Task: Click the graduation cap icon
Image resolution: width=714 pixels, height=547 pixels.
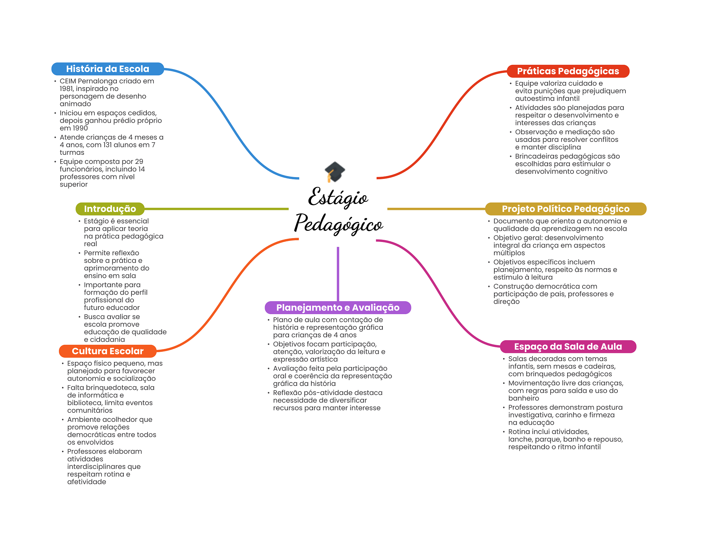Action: pyautogui.click(x=335, y=172)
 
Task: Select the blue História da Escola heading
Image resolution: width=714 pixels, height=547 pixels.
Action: pyautogui.click(x=108, y=69)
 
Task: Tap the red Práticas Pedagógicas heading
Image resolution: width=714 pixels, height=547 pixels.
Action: pyautogui.click(x=568, y=71)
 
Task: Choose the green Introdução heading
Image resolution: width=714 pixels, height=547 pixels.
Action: pyautogui.click(x=110, y=209)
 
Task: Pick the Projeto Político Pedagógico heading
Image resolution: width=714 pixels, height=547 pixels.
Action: pyautogui.click(x=565, y=209)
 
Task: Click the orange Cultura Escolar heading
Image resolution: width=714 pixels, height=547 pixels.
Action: pyautogui.click(x=108, y=351)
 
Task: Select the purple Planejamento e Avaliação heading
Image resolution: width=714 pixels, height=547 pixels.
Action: pyautogui.click(x=338, y=307)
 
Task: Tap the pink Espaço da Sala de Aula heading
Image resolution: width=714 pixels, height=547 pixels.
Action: pyautogui.click(x=568, y=347)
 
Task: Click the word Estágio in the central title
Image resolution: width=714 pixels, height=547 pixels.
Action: pyautogui.click(x=338, y=197)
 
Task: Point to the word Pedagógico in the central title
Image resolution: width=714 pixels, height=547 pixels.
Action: pyautogui.click(x=339, y=224)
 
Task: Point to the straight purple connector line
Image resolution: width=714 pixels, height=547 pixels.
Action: pyautogui.click(x=338, y=274)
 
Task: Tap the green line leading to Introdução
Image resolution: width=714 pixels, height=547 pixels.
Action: pyautogui.click(x=217, y=209)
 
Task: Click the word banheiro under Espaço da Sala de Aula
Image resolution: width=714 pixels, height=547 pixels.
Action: pyautogui.click(x=524, y=398)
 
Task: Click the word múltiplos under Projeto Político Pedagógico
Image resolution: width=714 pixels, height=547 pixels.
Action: pyautogui.click(x=509, y=253)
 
